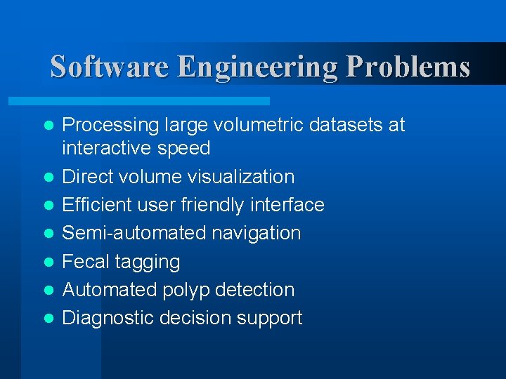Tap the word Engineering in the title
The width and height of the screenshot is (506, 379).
coord(259,67)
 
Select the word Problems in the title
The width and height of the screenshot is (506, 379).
coord(408,67)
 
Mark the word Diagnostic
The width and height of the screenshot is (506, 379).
coord(108,318)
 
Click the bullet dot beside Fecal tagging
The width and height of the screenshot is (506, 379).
coord(48,262)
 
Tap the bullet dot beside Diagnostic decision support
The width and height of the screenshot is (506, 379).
coord(48,318)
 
